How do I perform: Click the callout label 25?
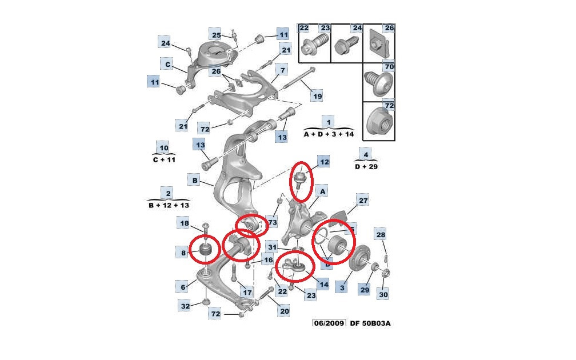[217, 35]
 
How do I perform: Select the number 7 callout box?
[282, 70]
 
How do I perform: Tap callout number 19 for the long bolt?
[317, 96]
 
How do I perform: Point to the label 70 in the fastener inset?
[389, 66]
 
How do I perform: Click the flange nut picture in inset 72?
[379, 122]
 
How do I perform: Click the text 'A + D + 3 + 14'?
[329, 134]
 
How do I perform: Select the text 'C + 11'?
[164, 160]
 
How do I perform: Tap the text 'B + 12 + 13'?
[169, 205]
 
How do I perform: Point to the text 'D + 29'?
[366, 166]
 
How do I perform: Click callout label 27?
[363, 201]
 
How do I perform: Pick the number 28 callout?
[381, 235]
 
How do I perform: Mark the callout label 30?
[383, 295]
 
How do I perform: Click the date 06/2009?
[329, 323]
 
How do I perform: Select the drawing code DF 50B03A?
[370, 323]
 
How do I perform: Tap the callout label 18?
[184, 223]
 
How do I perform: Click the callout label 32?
[186, 306]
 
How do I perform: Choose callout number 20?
[285, 311]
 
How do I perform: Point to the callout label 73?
[272, 222]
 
